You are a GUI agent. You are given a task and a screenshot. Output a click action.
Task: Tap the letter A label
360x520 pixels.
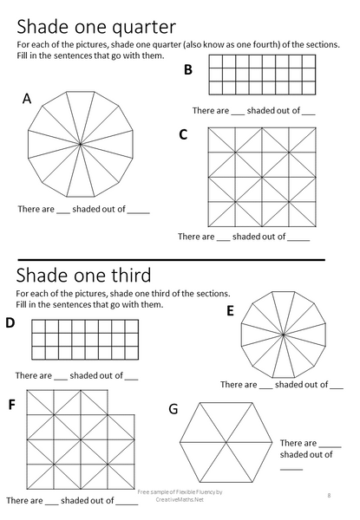(27, 100)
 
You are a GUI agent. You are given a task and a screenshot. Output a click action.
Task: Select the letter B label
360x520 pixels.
(188, 70)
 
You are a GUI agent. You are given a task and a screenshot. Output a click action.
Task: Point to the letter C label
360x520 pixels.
(183, 134)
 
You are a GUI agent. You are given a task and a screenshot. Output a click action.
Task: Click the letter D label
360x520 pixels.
(10, 323)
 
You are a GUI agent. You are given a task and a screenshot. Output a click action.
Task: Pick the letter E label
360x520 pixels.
(230, 310)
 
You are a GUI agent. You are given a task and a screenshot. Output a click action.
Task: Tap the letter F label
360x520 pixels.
(11, 405)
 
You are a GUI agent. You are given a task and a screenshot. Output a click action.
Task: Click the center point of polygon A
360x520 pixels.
(80, 143)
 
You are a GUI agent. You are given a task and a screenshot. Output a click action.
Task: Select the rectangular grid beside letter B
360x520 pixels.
(262, 74)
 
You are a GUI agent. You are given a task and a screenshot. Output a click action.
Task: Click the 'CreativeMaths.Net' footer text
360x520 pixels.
(180, 499)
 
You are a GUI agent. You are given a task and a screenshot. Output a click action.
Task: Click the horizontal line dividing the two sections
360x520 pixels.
(170, 259)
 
